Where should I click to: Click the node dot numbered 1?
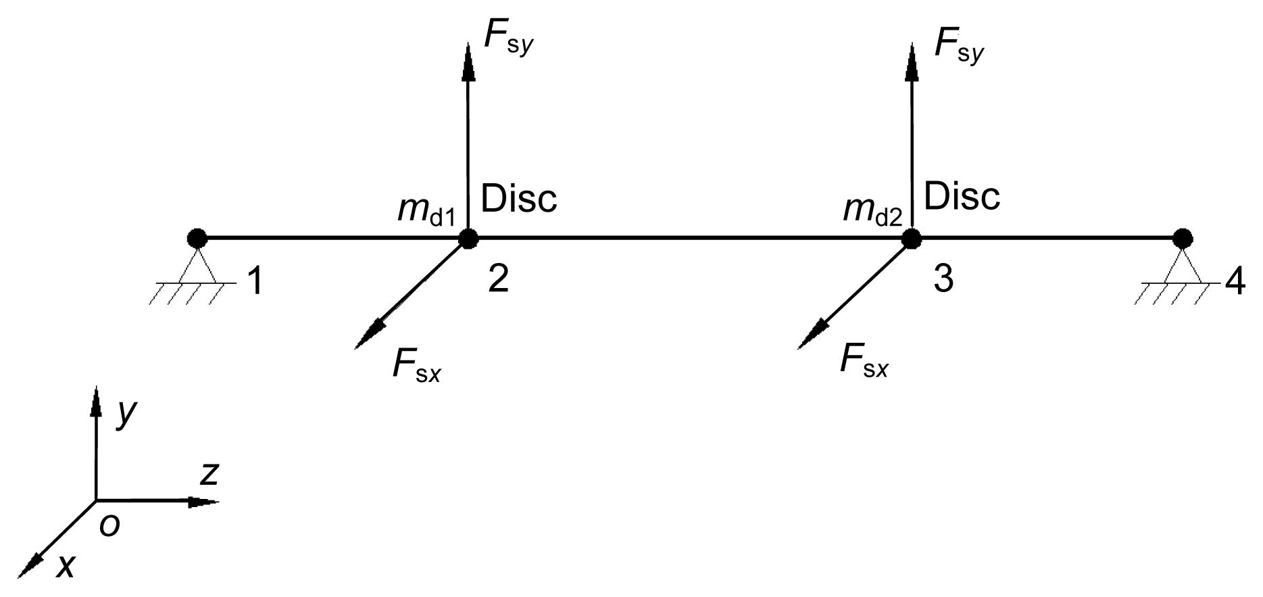197,238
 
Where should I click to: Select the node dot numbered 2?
468,238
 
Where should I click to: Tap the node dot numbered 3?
912,238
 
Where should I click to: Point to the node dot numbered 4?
1182,238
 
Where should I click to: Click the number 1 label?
254,281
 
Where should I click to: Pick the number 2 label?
498,279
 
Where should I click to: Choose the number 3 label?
943,279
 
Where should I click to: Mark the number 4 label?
1235,283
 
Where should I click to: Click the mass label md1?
426,210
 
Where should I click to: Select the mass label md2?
872,210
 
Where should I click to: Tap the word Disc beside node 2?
519,198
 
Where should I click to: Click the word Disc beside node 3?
962,197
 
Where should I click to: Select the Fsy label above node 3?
959,45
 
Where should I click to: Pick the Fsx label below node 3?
864,360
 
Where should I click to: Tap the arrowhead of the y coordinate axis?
96,401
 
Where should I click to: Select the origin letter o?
109,525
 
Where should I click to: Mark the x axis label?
66,567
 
